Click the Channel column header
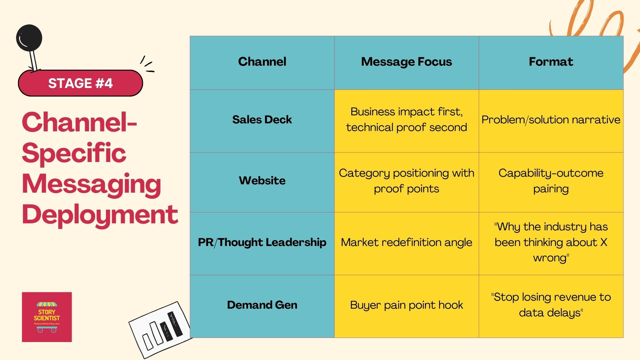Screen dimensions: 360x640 pyautogui.click(x=262, y=62)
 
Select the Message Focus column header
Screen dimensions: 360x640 pyautogui.click(x=406, y=62)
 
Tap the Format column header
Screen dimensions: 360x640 pyautogui.click(x=551, y=62)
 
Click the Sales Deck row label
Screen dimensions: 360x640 pyautogui.click(x=262, y=120)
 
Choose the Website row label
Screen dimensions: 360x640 pyautogui.click(x=262, y=181)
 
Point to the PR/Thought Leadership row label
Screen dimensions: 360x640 pyautogui.click(x=262, y=242)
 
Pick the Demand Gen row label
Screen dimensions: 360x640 pyautogui.click(x=262, y=305)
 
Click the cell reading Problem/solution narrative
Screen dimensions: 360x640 pyautogui.click(x=551, y=120)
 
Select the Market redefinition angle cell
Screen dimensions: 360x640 pyautogui.click(x=406, y=242)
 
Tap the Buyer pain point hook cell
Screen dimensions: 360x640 pyautogui.click(x=406, y=305)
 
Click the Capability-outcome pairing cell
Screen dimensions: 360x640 pyautogui.click(x=551, y=181)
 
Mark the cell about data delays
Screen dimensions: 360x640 pyautogui.click(x=551, y=305)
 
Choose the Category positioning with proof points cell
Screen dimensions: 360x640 pyautogui.click(x=406, y=181)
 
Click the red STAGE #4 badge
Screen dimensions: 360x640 pyautogui.click(x=80, y=83)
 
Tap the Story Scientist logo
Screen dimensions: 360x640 pyautogui.click(x=47, y=317)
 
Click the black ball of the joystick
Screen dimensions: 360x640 pyautogui.click(x=29, y=38)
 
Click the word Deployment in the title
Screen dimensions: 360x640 pyautogui.click(x=100, y=215)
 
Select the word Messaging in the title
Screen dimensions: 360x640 pyautogui.click(x=92, y=184)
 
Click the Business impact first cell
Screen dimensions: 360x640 pyautogui.click(x=406, y=120)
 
